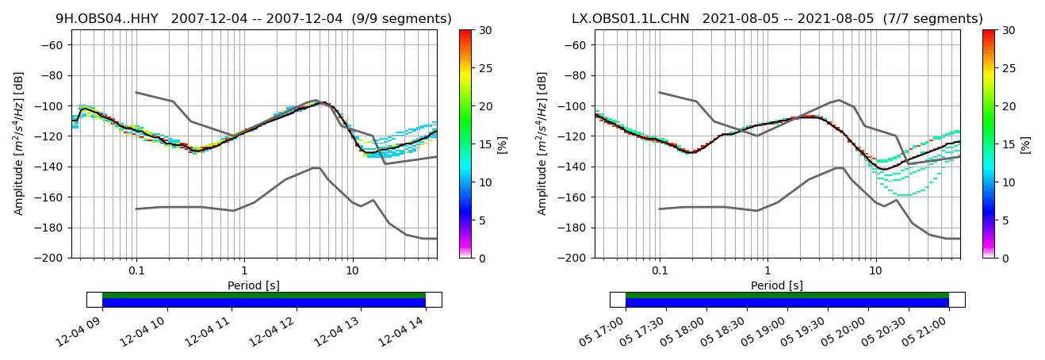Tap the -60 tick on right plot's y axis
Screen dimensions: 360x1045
click(577, 45)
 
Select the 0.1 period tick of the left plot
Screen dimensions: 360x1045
click(136, 271)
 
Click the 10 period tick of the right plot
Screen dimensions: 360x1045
click(875, 271)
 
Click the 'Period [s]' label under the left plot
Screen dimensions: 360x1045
click(254, 285)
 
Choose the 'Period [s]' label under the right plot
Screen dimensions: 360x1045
click(777, 285)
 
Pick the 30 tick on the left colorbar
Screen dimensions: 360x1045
click(486, 30)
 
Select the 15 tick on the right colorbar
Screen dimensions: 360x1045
click(1009, 144)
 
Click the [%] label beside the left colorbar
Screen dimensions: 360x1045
click(503, 144)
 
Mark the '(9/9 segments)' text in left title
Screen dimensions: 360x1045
click(396, 19)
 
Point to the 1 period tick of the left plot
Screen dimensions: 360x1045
click(244, 271)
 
